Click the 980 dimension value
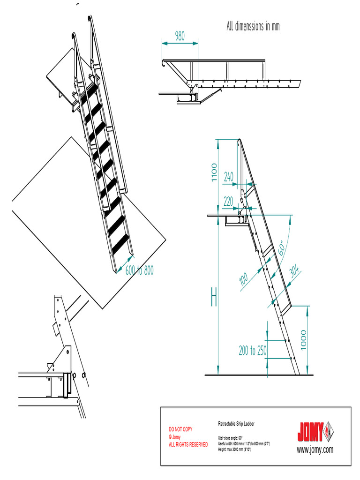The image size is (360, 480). tap(180, 36)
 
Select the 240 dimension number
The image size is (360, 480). tap(228, 177)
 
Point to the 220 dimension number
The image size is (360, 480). tap(228, 202)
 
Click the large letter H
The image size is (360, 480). tap(214, 298)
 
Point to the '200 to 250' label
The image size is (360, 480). tap(253, 351)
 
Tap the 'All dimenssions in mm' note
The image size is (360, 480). tap(253, 27)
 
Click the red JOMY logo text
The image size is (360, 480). tap(310, 432)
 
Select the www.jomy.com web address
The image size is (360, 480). tap(315, 449)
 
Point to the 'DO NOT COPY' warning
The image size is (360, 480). tap(180, 429)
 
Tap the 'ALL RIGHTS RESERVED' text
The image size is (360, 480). tap(188, 444)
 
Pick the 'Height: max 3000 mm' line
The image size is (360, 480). tap(235, 449)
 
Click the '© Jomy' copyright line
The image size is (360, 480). tap(175, 437)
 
